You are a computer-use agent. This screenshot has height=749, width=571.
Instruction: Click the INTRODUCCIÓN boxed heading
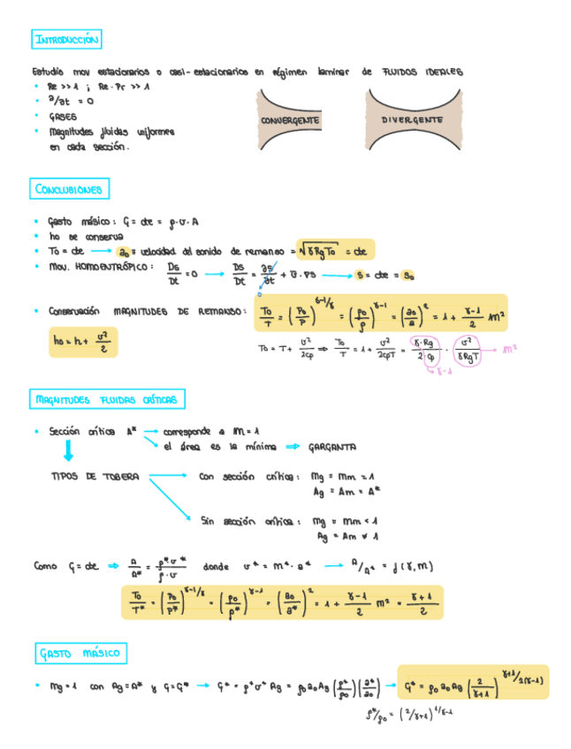click(66, 40)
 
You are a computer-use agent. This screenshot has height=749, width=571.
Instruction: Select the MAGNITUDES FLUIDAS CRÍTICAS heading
click(107, 400)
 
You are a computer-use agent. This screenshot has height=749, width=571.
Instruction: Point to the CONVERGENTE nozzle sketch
click(290, 119)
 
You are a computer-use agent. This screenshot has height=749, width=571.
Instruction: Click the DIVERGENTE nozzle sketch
click(412, 118)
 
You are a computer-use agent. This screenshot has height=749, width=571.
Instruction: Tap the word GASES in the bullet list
click(63, 116)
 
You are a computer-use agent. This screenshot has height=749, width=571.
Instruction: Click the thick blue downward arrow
click(68, 452)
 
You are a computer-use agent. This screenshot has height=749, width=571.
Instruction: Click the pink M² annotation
click(509, 349)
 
